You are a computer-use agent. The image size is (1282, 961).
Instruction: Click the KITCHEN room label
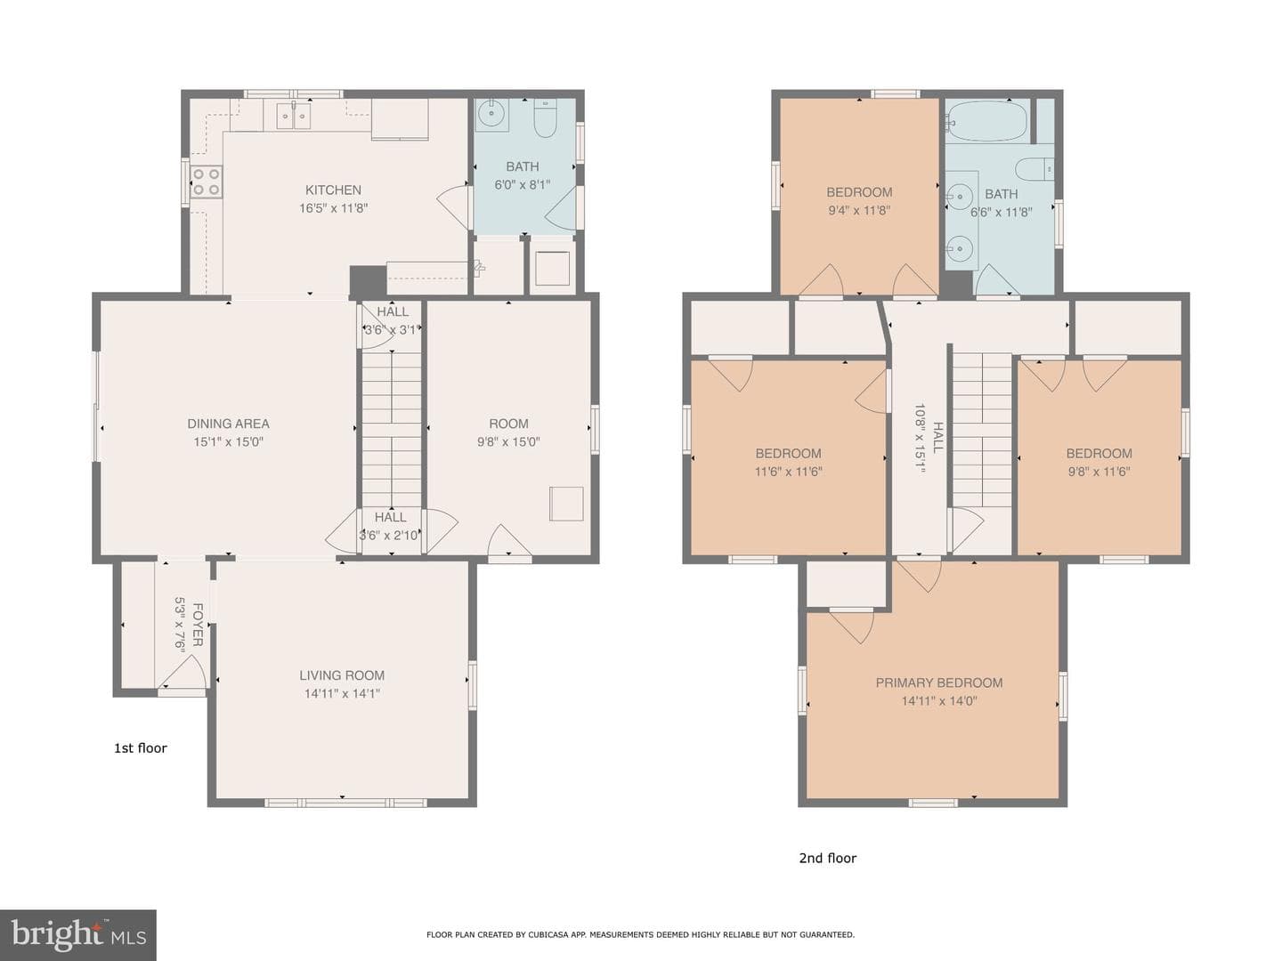(333, 190)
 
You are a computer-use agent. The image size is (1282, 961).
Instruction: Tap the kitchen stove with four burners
(207, 182)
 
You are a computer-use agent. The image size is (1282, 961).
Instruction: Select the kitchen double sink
(293, 115)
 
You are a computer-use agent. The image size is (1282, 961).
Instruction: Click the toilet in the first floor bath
(545, 117)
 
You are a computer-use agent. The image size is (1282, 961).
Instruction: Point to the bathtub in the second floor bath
(987, 120)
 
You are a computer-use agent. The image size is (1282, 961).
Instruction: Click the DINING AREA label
(228, 424)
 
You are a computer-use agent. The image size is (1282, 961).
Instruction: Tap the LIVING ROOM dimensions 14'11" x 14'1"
(342, 693)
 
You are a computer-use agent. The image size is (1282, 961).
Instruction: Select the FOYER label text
(198, 625)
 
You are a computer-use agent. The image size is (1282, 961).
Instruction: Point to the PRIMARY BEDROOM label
(939, 682)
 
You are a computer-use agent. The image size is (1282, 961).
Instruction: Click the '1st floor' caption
(140, 748)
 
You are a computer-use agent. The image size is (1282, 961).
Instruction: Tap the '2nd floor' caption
(828, 858)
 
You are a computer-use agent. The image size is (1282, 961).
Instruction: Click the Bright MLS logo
(77, 934)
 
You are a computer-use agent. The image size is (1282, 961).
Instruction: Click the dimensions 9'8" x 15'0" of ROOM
(508, 441)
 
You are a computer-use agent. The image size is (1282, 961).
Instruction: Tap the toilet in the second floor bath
(1035, 169)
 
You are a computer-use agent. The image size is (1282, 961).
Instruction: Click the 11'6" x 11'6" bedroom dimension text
(789, 471)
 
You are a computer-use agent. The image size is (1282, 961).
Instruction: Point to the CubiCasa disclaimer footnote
(640, 934)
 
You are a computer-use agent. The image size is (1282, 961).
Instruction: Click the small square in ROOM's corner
(566, 504)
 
